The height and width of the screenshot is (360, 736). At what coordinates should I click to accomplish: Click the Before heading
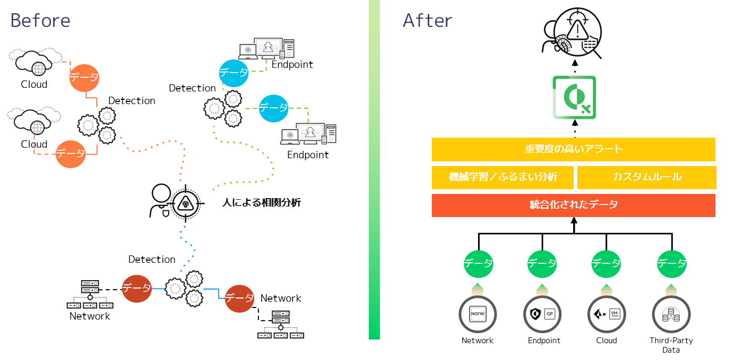pyautogui.click(x=40, y=20)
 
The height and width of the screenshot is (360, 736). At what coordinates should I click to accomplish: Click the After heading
pyautogui.click(x=427, y=20)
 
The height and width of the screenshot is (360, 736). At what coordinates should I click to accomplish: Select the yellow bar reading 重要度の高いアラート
pyautogui.click(x=573, y=149)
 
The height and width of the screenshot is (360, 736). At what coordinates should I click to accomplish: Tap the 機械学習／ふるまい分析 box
pyautogui.click(x=502, y=178)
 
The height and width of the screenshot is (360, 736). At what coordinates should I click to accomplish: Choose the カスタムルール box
pyautogui.click(x=646, y=178)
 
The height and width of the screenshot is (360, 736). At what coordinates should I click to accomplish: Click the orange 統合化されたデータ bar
pyautogui.click(x=573, y=205)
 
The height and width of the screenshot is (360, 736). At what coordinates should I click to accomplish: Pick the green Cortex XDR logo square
pyautogui.click(x=574, y=98)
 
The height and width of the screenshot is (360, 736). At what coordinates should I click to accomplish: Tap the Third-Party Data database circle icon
pyautogui.click(x=671, y=315)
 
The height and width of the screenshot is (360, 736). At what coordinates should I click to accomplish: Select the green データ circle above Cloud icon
pyautogui.click(x=606, y=263)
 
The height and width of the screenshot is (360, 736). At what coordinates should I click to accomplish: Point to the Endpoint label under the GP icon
pyautogui.click(x=544, y=341)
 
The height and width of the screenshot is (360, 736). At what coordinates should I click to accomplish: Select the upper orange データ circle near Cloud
pyautogui.click(x=85, y=77)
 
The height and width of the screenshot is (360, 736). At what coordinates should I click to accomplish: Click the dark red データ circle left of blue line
pyautogui.click(x=137, y=288)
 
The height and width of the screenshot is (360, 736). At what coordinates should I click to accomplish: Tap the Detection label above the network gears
pyautogui.click(x=152, y=259)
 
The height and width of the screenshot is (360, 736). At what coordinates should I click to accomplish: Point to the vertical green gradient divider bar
pyautogui.click(x=374, y=169)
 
